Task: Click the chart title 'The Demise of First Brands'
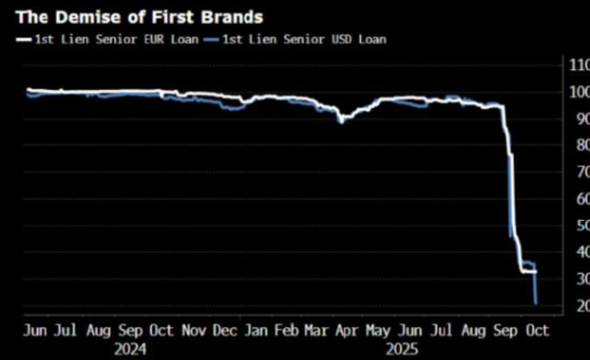(139, 17)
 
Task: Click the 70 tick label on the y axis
(581, 172)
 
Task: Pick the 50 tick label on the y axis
(581, 226)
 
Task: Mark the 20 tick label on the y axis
(581, 306)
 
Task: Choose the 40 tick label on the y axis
(581, 252)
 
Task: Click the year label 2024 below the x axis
(130, 348)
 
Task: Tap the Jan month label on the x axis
(255, 331)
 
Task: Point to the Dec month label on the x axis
(224, 331)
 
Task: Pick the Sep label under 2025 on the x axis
(505, 331)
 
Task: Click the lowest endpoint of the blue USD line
(536, 304)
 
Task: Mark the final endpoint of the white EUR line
(536, 272)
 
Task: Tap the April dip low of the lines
(341, 122)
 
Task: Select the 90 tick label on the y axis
(581, 119)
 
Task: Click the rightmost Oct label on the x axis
(537, 331)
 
